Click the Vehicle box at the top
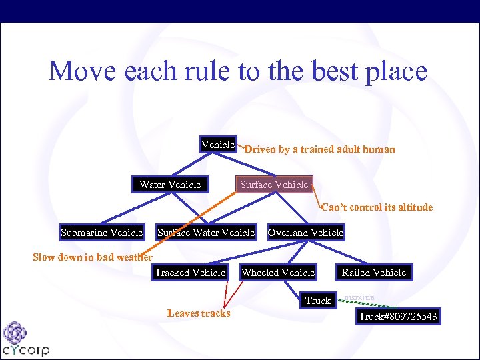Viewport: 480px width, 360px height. pos(218,145)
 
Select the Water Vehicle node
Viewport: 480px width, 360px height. pos(170,185)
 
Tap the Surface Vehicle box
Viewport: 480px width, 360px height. pos(274,185)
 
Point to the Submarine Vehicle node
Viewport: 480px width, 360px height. pos(101,233)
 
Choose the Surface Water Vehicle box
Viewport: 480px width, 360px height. pos(206,233)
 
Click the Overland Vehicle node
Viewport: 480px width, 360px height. pos(305,233)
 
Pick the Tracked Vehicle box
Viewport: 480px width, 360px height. pos(190,273)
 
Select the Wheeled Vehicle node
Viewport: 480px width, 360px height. pos(278,273)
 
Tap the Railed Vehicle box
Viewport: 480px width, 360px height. pos(374,273)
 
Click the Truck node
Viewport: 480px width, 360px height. pos(318,301)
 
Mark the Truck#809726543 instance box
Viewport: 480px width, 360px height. pos(398,317)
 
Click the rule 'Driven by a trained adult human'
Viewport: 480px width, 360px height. pos(319,149)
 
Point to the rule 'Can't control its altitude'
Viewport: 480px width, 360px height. pos(377,207)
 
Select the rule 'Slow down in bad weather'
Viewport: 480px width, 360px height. pos(93,257)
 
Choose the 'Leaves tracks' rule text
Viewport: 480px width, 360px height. pos(199,313)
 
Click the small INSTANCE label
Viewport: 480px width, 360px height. pos(359,297)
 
